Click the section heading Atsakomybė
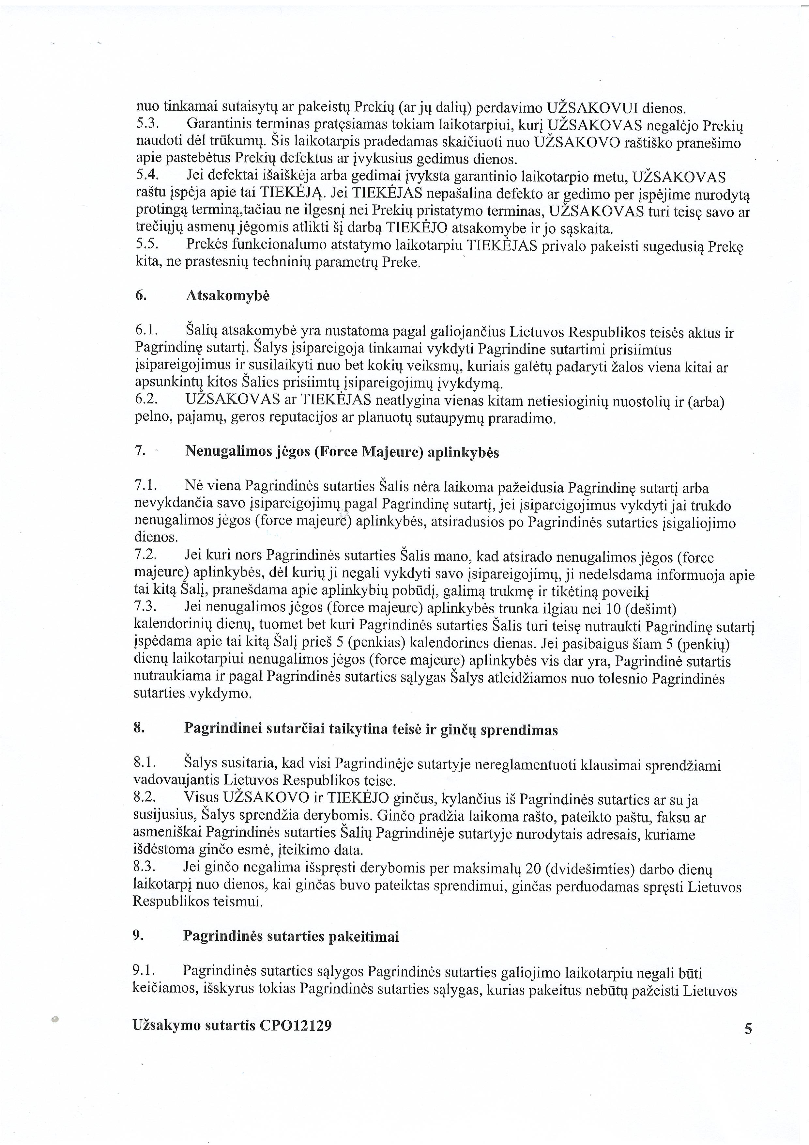[227, 296]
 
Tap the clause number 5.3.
[147, 124]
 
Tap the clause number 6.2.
[146, 400]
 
